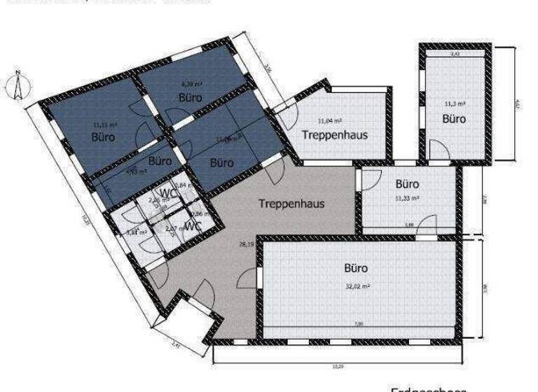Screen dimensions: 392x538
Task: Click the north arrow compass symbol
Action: tap(16, 85)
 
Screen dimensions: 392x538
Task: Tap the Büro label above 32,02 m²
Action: tap(355, 267)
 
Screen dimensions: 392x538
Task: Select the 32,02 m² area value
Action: tap(357, 286)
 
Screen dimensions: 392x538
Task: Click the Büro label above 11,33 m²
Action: tap(407, 185)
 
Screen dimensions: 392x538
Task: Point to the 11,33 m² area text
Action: tap(408, 198)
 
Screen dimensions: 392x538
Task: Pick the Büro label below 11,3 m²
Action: tap(453, 119)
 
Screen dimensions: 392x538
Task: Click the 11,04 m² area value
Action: tap(328, 120)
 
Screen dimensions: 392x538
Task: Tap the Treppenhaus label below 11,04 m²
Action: tap(336, 134)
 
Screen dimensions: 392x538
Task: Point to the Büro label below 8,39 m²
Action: tap(190, 97)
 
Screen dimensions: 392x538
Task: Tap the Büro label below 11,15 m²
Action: tap(104, 137)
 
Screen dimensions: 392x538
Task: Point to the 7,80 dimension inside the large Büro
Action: tap(359, 323)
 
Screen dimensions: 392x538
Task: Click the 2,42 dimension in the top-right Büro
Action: tap(454, 53)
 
